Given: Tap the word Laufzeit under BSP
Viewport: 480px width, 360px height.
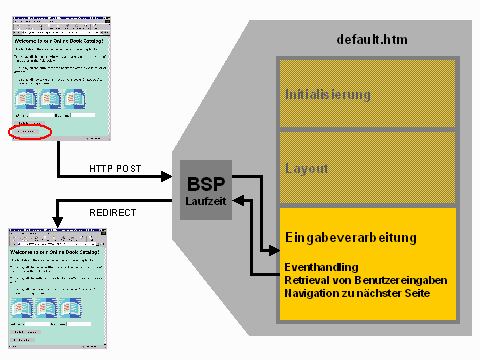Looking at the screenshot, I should pyautogui.click(x=206, y=199).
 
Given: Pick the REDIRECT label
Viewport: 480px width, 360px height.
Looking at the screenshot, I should pyautogui.click(x=113, y=212).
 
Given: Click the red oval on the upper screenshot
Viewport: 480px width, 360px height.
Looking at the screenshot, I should pyautogui.click(x=29, y=132).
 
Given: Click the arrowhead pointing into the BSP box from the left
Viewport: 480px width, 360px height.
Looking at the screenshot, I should pyautogui.click(x=172, y=178).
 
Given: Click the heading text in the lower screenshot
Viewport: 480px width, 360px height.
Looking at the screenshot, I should pyautogui.click(x=55, y=239).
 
